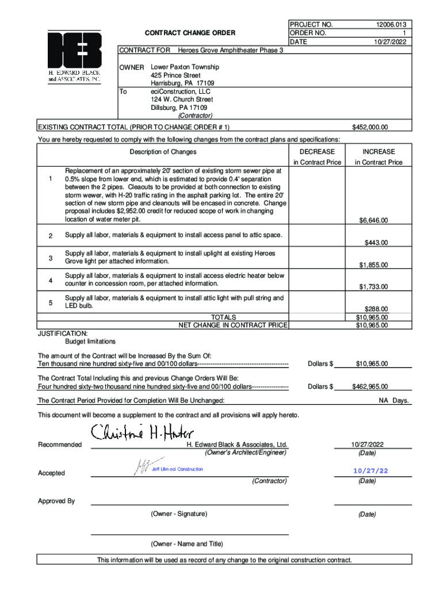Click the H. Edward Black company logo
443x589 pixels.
click(x=74, y=57)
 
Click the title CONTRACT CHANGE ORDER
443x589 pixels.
click(x=190, y=33)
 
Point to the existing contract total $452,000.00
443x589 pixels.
click(x=370, y=127)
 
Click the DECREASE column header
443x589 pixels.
click(x=317, y=152)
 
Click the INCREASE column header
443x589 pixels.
click(x=378, y=152)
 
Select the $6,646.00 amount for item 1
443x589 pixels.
click(x=373, y=220)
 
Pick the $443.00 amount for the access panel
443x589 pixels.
click(x=376, y=243)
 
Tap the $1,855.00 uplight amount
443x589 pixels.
click(x=373, y=265)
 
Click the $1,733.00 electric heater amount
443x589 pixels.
click(x=373, y=286)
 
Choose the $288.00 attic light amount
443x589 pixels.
click(x=376, y=309)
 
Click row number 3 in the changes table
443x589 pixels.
click(x=51, y=258)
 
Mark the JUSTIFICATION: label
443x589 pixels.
click(x=63, y=334)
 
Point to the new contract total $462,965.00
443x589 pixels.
click(x=370, y=387)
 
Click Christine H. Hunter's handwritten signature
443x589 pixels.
click(x=143, y=432)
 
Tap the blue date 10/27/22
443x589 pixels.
click(x=371, y=471)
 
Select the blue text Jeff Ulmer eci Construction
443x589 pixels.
click(x=177, y=469)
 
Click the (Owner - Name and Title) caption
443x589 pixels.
click(x=186, y=544)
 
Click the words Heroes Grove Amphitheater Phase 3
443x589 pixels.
click(x=231, y=51)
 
